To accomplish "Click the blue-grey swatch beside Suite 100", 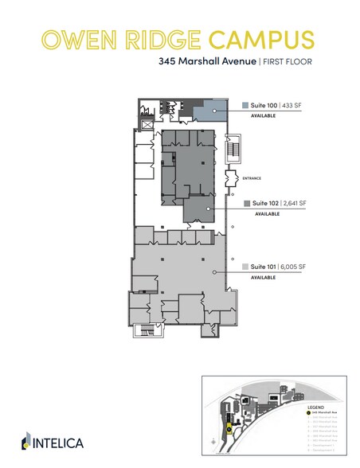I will pos(245,105).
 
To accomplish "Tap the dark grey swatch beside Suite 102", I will pos(248,204).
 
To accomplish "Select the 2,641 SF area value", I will pos(295,204).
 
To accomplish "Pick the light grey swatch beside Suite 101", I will pos(245,266).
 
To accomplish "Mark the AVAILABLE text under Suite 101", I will pos(263,277).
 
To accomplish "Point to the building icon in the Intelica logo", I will pos(27,441).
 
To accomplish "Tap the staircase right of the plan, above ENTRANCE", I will pos(233,149).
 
